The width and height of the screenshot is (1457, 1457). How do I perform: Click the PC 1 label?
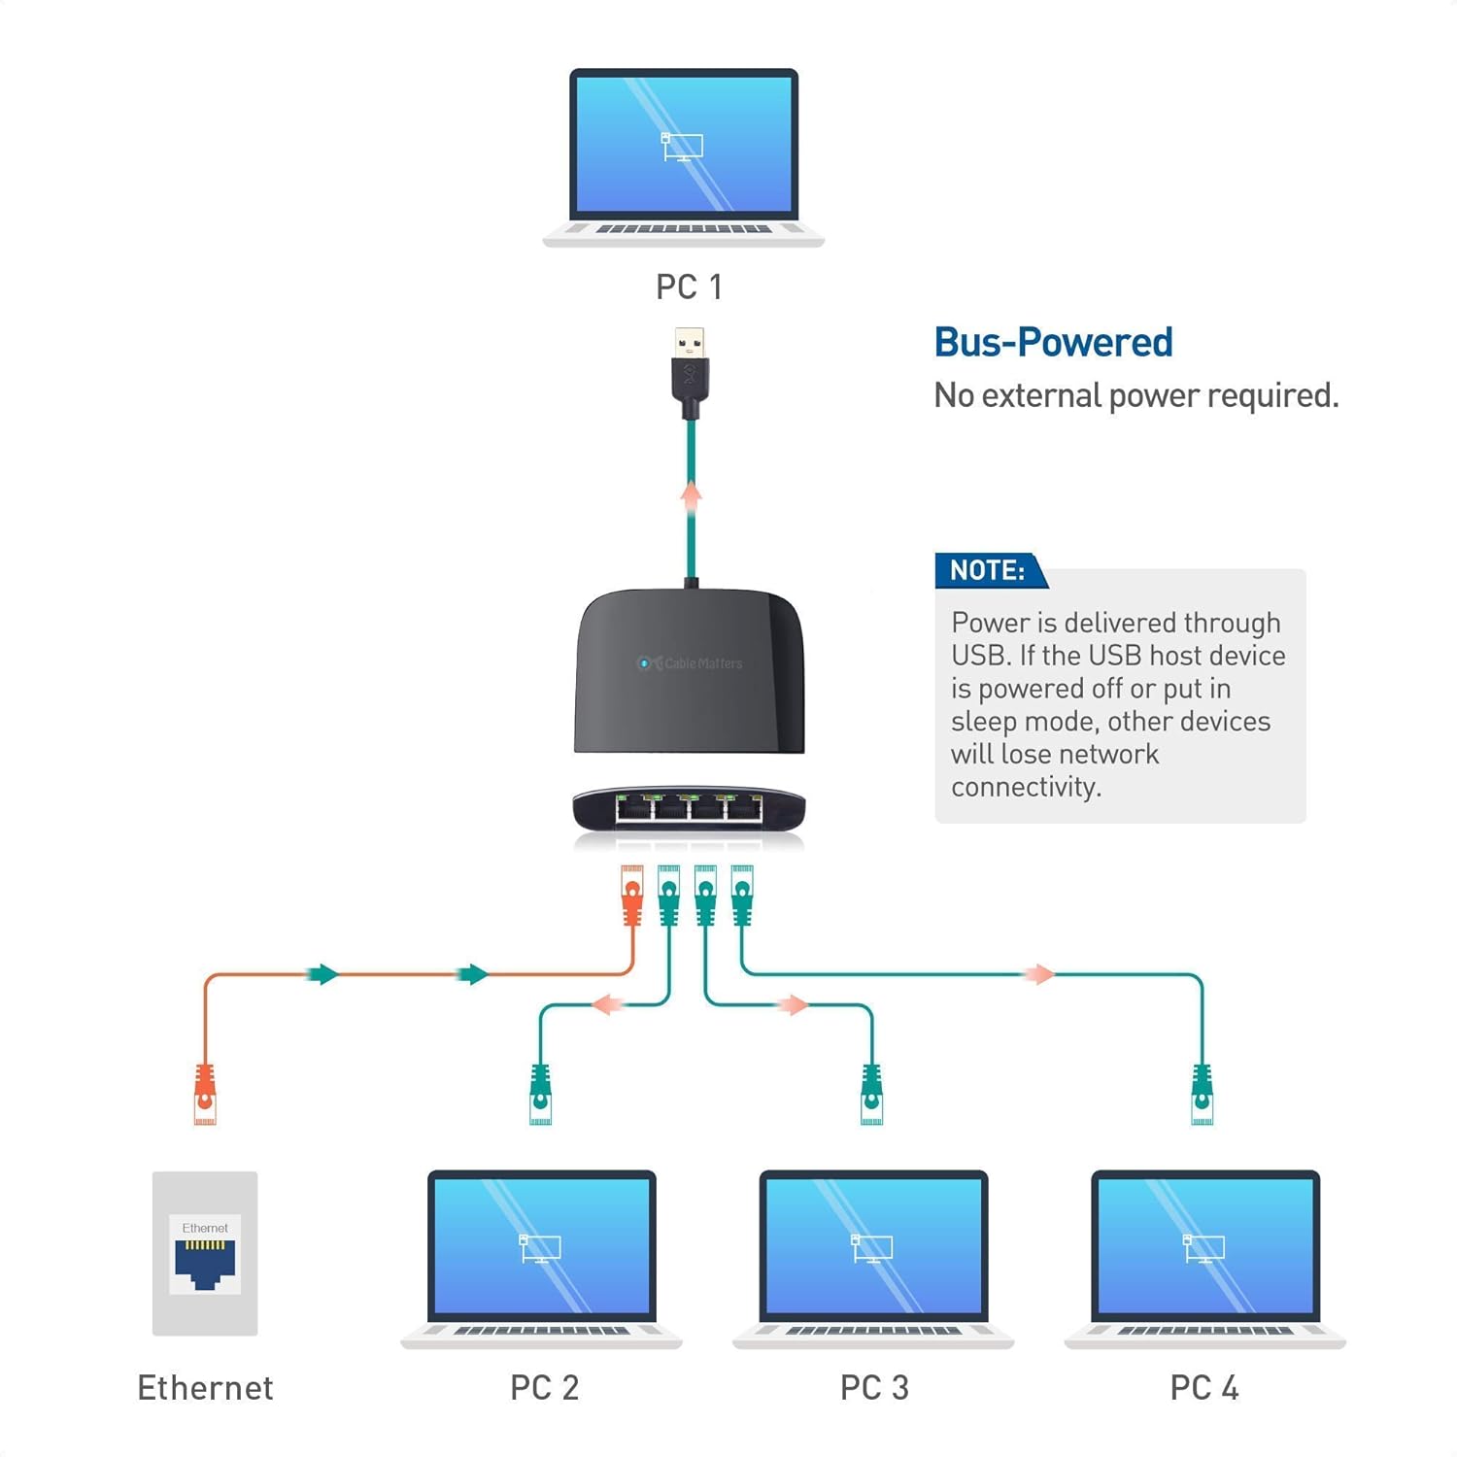[688, 288]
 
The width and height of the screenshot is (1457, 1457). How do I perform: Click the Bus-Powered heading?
[1053, 343]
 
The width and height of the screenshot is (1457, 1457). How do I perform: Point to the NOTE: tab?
[987, 570]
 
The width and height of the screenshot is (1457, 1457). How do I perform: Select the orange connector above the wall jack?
[205, 1094]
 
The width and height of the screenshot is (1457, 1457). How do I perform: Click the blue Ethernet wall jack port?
[205, 1263]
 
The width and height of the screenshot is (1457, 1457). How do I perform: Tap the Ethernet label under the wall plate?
[205, 1388]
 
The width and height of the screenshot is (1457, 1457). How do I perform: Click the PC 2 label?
[544, 1388]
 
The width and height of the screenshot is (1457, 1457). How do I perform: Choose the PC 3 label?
[874, 1388]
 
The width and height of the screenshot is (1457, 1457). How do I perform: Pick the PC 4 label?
[1204, 1388]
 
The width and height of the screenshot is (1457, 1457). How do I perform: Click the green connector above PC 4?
[1203, 1094]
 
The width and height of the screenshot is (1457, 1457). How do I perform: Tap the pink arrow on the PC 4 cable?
[1038, 974]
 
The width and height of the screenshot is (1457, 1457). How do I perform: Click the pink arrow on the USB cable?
[691, 496]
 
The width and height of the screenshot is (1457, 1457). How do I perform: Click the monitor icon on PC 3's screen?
[871, 1247]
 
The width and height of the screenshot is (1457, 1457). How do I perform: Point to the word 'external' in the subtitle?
[1043, 396]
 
